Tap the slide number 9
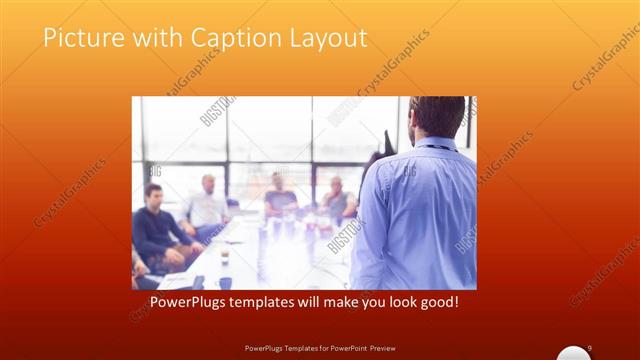click(x=590, y=347)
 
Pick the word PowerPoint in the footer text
click(x=345, y=348)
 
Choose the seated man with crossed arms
click(x=338, y=200)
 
